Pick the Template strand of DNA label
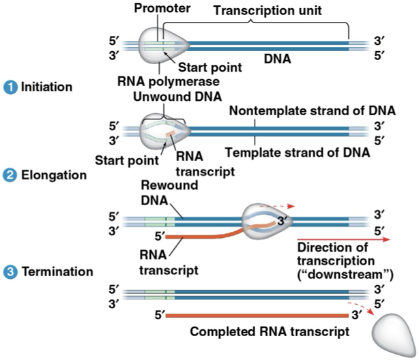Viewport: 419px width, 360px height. click(x=298, y=153)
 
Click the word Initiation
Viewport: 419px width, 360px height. click(x=46, y=88)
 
